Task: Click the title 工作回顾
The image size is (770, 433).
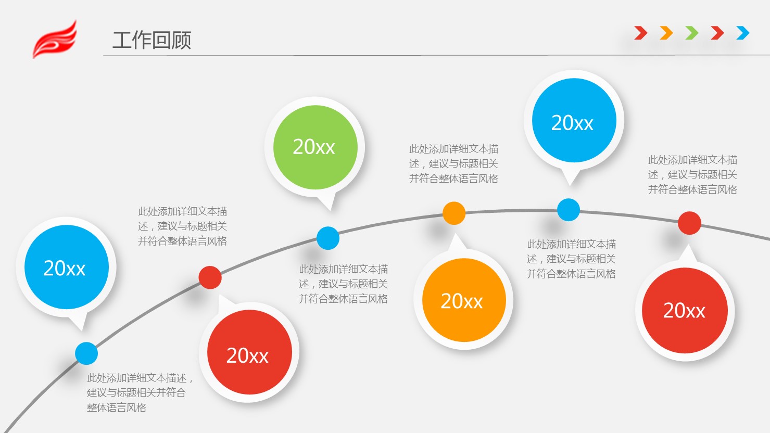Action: pos(152,40)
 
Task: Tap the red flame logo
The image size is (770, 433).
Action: pos(55,40)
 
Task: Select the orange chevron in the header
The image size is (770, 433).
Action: pos(666,33)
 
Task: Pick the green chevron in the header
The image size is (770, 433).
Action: pos(692,33)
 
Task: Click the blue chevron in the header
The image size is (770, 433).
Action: pos(743,33)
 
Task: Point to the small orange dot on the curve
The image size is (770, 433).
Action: pos(454,213)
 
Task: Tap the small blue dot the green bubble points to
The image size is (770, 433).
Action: pos(328,238)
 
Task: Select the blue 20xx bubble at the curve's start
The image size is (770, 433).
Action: pos(66,268)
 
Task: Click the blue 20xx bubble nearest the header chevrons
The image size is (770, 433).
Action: pos(574,121)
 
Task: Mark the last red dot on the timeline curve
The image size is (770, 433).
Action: pos(689,223)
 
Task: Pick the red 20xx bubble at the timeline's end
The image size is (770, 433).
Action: pos(684,311)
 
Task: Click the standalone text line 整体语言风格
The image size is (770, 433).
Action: pos(117,407)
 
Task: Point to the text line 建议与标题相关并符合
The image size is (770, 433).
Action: pos(136,392)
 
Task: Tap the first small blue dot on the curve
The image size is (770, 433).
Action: pos(86,353)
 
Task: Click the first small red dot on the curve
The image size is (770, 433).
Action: pos(210,277)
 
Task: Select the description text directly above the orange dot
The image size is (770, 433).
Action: pos(453,164)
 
